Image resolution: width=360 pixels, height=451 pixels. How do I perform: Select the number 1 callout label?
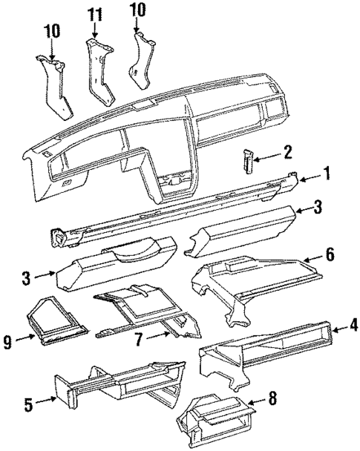[x=326, y=175]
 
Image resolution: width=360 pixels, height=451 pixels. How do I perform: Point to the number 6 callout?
[x=332, y=256]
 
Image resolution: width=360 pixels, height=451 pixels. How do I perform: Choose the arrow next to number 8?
[x=254, y=405]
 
